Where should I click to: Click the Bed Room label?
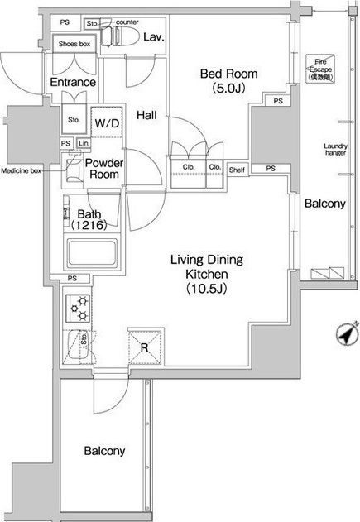point(228,80)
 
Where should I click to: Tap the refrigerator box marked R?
point(144,347)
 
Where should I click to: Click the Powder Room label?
point(106,169)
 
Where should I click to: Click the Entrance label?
point(73,83)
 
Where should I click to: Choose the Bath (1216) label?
point(90,219)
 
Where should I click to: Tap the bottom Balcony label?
point(105,451)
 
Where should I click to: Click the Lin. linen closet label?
point(83,143)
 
